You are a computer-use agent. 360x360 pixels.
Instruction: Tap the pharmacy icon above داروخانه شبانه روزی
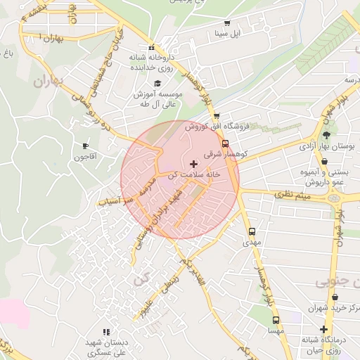(x=152, y=46)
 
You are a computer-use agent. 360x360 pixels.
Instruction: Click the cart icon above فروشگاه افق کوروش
(x=217, y=116)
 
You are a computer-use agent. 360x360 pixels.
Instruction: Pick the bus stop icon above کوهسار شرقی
(x=225, y=143)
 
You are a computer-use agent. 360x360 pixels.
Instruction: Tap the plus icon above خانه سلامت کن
(x=194, y=163)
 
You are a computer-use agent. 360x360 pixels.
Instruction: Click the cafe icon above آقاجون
(x=86, y=146)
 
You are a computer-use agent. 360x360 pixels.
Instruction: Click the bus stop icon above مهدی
(x=252, y=231)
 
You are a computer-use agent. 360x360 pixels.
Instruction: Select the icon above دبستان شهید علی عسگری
(x=106, y=331)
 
